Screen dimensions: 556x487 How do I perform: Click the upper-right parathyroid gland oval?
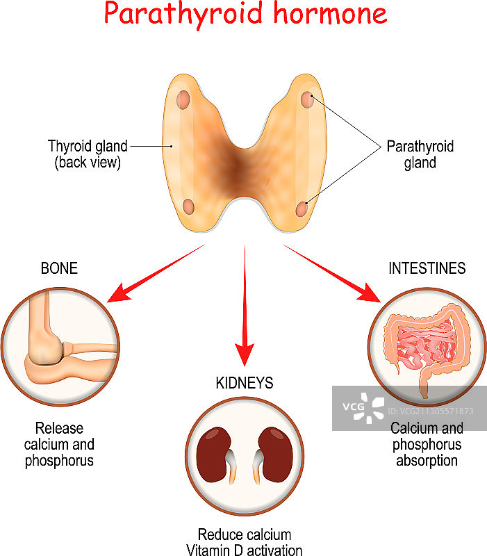coord(308,99)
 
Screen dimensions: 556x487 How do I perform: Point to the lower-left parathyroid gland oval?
coord(188,206)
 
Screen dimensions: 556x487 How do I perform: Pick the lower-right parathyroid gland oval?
coord(302,208)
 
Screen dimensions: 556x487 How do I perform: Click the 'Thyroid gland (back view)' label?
coord(88,154)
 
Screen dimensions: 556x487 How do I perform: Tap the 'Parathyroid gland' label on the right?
coord(420,154)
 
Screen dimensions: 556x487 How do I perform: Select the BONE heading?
coord(59,268)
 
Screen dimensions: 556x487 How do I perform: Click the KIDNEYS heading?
coord(243,383)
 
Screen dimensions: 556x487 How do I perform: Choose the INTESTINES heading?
coord(427,268)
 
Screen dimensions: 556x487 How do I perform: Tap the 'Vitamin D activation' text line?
coord(244,550)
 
